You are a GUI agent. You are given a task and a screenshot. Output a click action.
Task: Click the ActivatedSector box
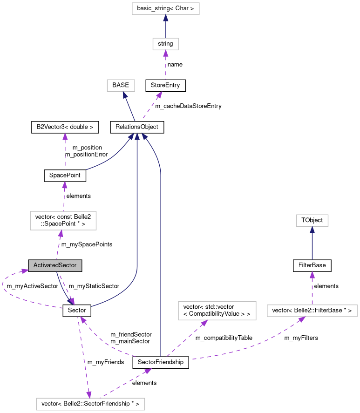click(55, 265)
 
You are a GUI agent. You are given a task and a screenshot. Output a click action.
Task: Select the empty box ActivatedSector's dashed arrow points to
click(63, 220)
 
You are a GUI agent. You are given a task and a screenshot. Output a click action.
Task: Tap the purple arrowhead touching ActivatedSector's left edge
click(25, 270)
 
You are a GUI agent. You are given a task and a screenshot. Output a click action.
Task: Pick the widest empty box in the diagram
click(90, 404)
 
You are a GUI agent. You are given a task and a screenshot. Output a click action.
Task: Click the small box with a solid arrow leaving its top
click(165, 44)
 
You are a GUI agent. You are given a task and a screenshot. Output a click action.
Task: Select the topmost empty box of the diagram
click(165, 8)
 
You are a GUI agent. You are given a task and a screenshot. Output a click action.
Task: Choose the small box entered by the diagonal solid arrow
click(121, 86)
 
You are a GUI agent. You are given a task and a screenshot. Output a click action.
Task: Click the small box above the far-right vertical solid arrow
click(312, 220)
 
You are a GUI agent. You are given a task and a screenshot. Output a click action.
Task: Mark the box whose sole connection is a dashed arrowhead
click(217, 310)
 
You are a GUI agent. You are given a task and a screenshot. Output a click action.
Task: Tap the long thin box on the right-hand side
click(312, 311)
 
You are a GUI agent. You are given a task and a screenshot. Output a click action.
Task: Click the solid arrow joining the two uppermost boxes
click(165, 27)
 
